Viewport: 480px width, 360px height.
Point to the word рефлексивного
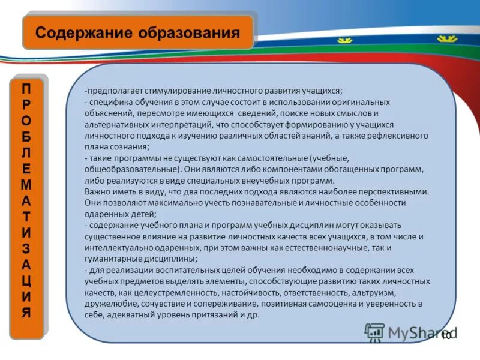(x=400, y=135)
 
